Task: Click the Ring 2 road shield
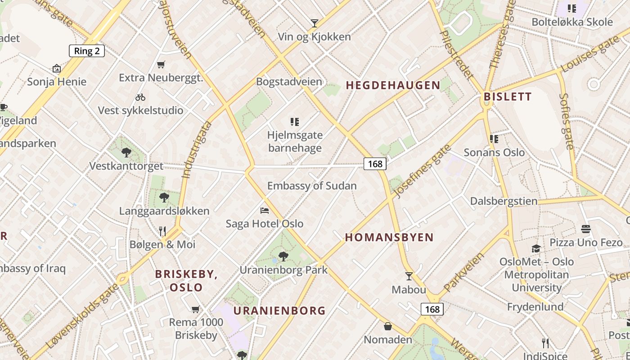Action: pos(86,51)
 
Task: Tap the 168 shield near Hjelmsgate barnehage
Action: pos(375,164)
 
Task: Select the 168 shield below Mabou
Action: pos(432,309)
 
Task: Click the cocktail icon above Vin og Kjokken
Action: pos(315,23)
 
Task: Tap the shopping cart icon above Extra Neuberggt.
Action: pos(161,64)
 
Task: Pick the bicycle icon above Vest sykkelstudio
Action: pos(140,97)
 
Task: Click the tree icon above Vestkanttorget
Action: pos(126,153)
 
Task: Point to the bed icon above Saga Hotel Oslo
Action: pos(265,210)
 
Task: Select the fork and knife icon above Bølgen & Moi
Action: pos(162,231)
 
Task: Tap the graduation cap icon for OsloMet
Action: pos(536,248)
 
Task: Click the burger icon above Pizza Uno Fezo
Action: pos(585,229)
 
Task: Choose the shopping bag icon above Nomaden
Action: pos(388,326)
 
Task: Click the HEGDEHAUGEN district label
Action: pos(393,85)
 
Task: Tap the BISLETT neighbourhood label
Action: pos(508,96)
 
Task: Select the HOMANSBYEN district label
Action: pos(389,237)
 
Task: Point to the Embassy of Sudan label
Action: pos(312,185)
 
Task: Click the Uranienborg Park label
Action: pos(283,270)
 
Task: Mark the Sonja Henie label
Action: pos(57,81)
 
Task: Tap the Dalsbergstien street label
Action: pos(504,201)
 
